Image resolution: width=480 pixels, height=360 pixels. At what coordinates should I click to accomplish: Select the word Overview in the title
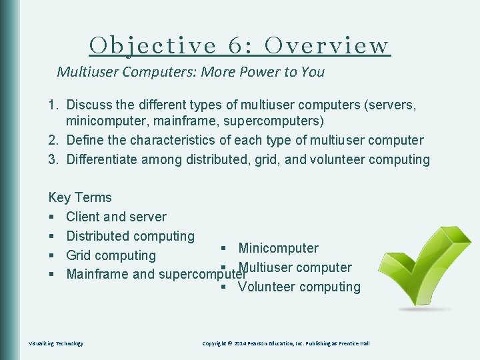point(327,45)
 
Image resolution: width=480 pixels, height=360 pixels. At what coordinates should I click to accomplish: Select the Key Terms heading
point(80,197)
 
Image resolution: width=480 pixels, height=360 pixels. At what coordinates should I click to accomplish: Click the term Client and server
point(116,217)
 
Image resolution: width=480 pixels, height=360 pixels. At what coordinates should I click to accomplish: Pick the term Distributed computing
point(130,236)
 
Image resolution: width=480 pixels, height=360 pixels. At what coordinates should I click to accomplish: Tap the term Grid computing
point(111,255)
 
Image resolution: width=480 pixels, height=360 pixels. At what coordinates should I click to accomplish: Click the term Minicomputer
point(278,248)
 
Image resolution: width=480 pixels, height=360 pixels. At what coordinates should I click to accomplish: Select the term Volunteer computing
point(299,287)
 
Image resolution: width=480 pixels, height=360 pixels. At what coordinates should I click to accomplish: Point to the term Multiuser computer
point(295,267)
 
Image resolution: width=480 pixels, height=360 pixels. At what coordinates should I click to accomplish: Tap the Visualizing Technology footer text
point(56,343)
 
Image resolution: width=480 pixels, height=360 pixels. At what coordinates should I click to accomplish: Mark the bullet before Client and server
point(52,217)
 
